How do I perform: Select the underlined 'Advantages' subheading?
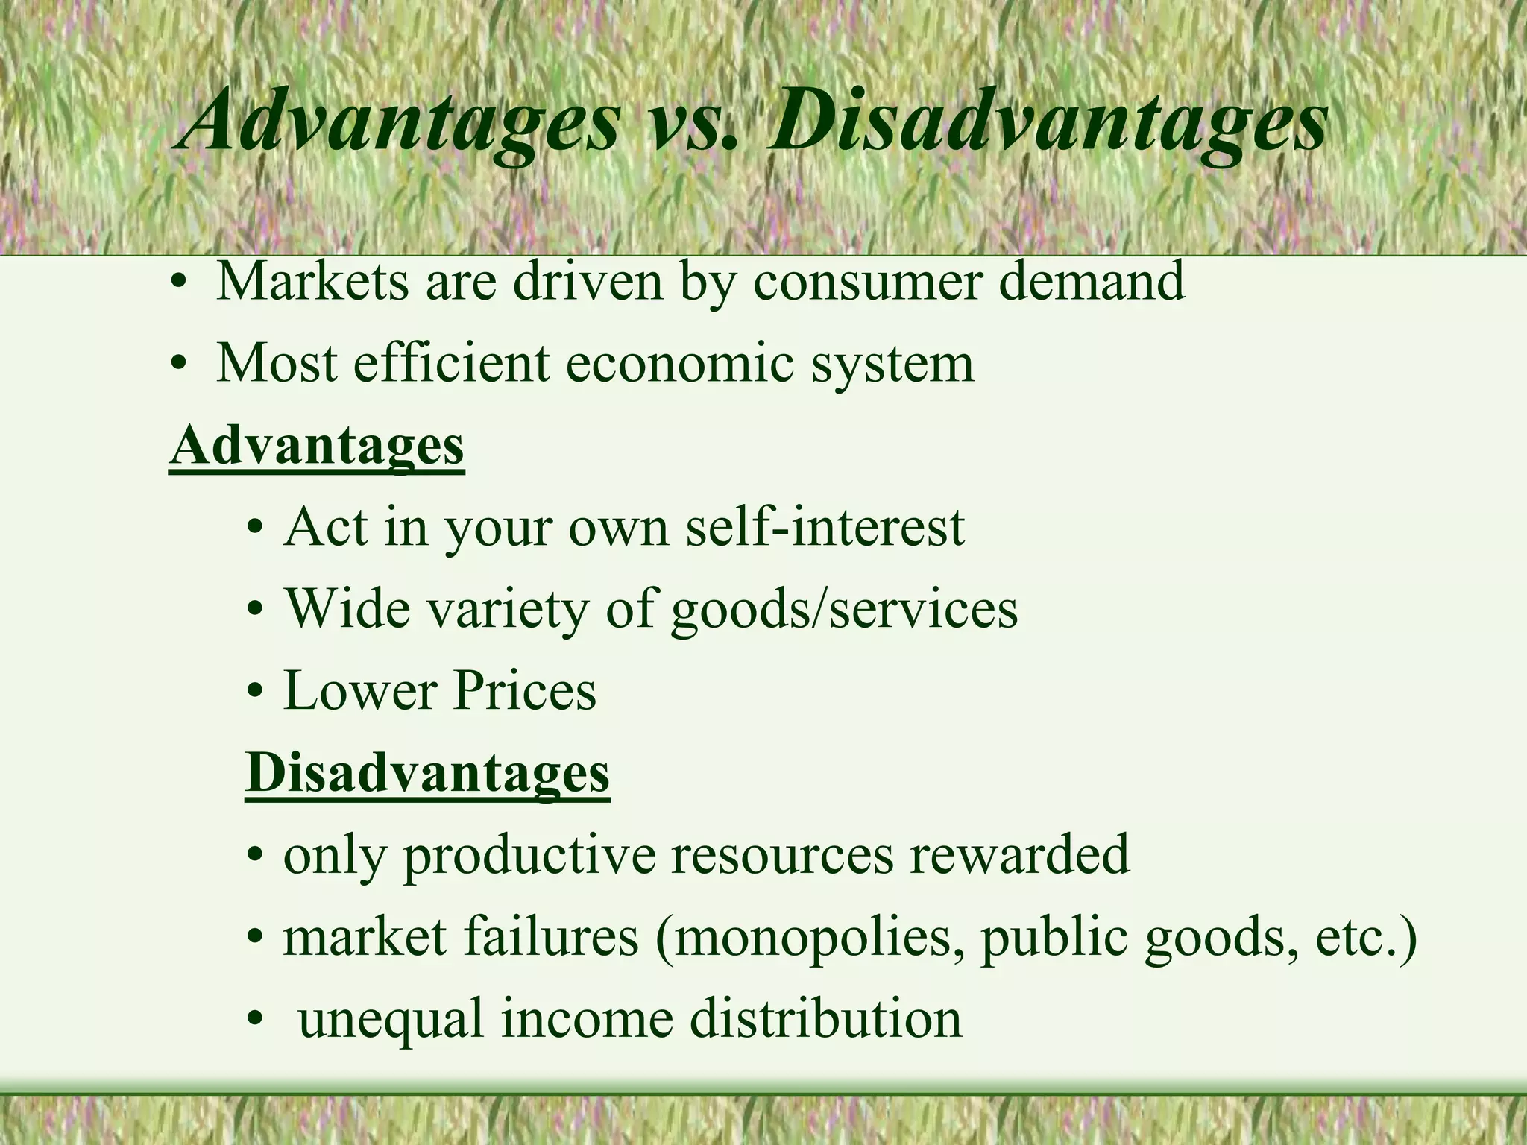click(x=317, y=445)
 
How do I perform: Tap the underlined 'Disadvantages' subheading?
click(x=427, y=773)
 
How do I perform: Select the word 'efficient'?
click(x=451, y=363)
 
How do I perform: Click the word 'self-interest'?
click(x=824, y=527)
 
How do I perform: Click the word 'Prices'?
click(x=524, y=690)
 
